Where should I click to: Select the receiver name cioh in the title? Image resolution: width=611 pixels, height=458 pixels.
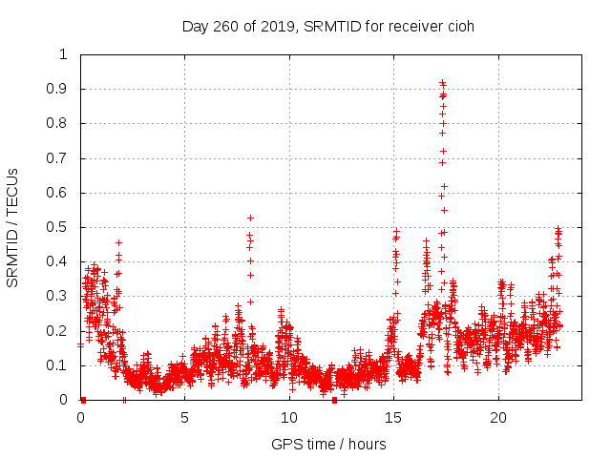tap(458, 26)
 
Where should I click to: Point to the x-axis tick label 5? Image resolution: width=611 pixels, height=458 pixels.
tap(184, 417)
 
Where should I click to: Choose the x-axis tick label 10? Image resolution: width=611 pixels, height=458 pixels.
tap(289, 417)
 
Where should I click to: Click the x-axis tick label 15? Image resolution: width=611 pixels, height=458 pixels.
tap(393, 417)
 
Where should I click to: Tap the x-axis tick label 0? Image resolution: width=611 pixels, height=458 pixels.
tap(80, 417)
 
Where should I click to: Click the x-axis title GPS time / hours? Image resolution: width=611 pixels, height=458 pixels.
tap(327, 444)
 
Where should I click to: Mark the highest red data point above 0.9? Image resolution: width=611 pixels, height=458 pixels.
tap(442, 83)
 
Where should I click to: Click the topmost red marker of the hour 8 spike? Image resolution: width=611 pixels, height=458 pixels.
tap(250, 218)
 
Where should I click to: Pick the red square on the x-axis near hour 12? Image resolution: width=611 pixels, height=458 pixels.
tap(334, 400)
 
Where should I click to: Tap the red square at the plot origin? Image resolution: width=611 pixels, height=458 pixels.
tap(83, 400)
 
